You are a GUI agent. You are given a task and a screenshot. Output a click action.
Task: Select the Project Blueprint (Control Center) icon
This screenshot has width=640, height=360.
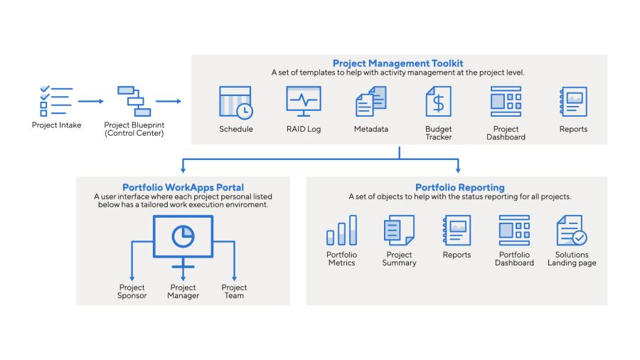pos(134,101)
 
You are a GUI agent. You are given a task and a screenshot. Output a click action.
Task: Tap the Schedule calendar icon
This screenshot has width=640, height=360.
pos(235,102)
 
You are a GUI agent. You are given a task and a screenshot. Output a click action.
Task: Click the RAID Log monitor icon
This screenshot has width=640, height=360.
pos(303,101)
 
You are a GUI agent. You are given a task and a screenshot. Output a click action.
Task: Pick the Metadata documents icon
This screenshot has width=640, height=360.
pos(370,101)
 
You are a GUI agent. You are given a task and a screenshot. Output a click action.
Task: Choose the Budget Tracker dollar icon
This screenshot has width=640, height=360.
pos(438,101)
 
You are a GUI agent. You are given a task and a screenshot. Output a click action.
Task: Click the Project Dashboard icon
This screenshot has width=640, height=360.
pos(505,101)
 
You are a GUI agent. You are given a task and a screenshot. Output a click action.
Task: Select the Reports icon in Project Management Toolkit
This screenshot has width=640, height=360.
pos(573,101)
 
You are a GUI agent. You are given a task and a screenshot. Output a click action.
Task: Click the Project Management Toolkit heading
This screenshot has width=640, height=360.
pos(398,63)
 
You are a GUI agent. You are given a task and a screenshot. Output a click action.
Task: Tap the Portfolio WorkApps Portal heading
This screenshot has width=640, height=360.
pos(183,187)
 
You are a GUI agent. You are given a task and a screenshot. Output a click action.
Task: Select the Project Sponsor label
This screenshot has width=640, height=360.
pos(132,292)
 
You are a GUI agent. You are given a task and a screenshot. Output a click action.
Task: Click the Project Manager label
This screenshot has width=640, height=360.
pos(183,292)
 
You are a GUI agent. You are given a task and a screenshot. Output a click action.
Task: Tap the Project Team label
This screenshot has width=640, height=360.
pos(234,292)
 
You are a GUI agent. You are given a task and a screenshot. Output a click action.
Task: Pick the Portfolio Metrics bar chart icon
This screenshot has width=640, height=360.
pos(341,231)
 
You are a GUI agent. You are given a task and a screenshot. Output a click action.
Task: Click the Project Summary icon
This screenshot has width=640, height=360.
pos(399,231)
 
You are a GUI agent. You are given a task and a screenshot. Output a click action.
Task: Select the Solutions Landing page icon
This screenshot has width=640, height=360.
pos(572,231)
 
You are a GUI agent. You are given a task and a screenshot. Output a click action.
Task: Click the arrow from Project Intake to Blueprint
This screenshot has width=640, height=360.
pos(91,101)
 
